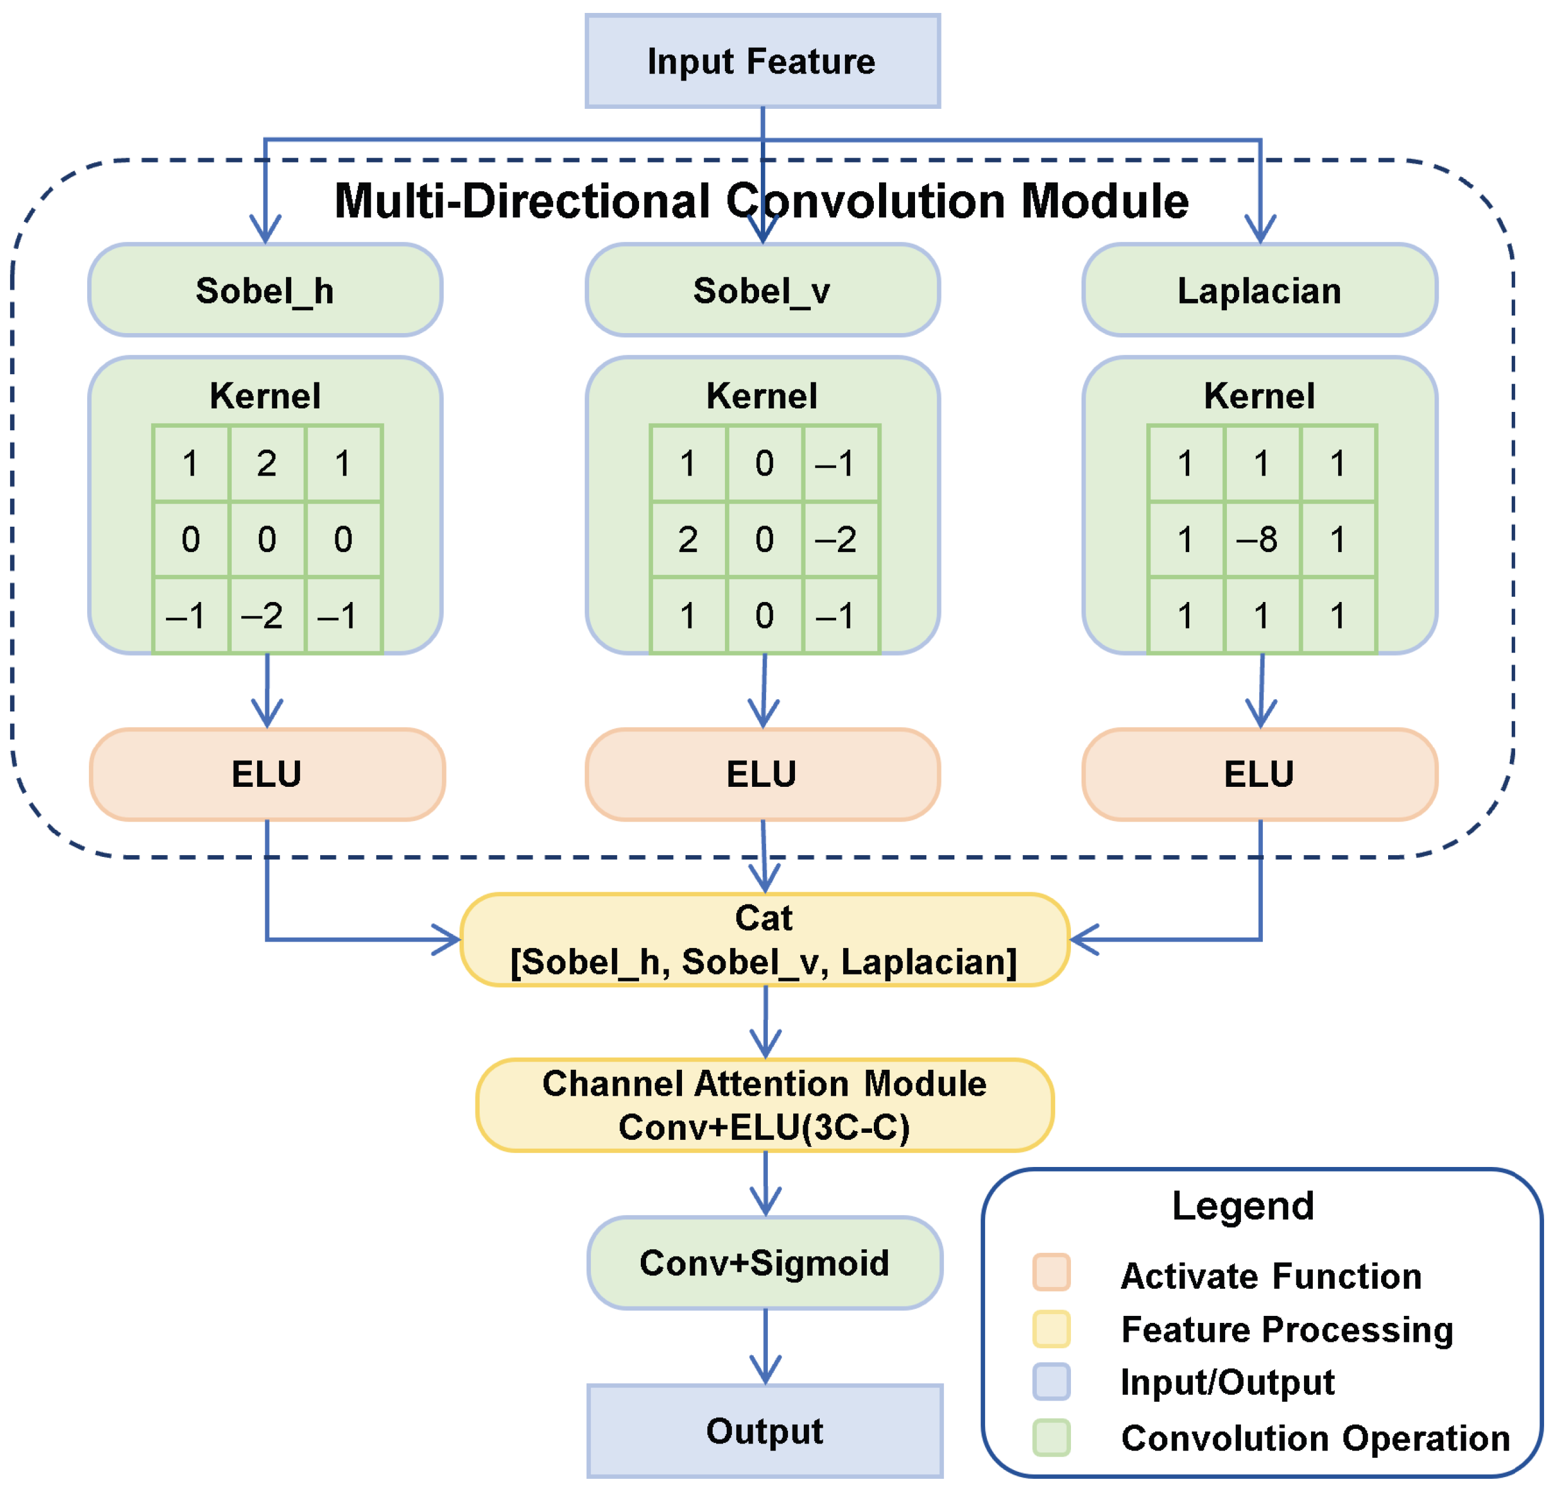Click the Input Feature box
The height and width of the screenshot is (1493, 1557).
coord(763,61)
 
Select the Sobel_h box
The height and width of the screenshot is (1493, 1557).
coord(265,291)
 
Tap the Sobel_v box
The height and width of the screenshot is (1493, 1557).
coord(763,291)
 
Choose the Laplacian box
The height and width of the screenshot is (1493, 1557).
coord(1260,291)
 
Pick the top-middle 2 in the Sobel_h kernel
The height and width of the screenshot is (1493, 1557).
coord(267,463)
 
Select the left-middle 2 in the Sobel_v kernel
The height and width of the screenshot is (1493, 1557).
coord(688,540)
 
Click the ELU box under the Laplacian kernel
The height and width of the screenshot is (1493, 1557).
coord(1260,774)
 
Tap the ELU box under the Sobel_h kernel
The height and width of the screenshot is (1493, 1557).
coord(267,774)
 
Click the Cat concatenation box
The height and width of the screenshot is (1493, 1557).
coord(764,939)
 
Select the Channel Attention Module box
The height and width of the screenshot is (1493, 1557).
coord(764,1105)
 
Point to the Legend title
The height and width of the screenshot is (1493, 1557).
coord(1243,1205)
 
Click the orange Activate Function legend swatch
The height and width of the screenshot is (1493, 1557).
coord(1051,1272)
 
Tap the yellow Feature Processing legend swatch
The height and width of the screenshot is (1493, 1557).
coord(1051,1329)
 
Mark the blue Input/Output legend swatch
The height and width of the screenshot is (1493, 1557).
coord(1051,1382)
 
